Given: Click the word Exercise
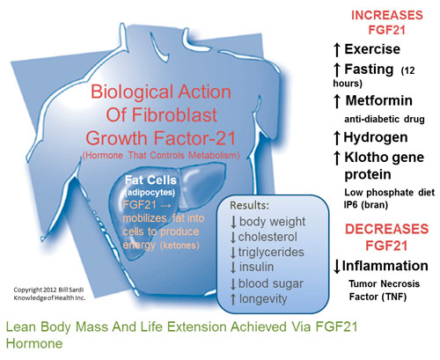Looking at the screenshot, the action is click(x=372, y=49).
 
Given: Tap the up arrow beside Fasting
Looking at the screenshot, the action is click(x=337, y=70).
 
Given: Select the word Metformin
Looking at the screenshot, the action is click(x=379, y=100).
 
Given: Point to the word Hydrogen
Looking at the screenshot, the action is click(x=376, y=137).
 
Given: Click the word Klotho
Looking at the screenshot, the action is click(x=363, y=157).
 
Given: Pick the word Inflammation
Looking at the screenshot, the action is click(x=385, y=266).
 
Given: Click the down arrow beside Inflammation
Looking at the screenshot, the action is click(x=337, y=267).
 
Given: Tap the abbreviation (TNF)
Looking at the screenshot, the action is click(x=394, y=297).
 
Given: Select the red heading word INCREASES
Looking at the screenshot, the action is click(x=387, y=15).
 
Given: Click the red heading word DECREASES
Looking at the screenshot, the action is click(x=386, y=229).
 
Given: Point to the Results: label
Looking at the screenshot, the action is click(x=249, y=205).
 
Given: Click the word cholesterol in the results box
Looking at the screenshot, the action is click(x=268, y=237).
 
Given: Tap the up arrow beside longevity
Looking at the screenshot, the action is click(x=233, y=299).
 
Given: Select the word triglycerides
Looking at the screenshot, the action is click(x=271, y=252).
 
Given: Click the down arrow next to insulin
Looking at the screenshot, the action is click(x=233, y=268).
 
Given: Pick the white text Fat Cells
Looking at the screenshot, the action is click(x=150, y=180).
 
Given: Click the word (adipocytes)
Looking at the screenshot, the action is click(x=150, y=193).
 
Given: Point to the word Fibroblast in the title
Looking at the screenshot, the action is click(x=174, y=114).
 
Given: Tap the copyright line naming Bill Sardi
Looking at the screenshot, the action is click(x=48, y=290).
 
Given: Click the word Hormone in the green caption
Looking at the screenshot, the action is click(x=34, y=343).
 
